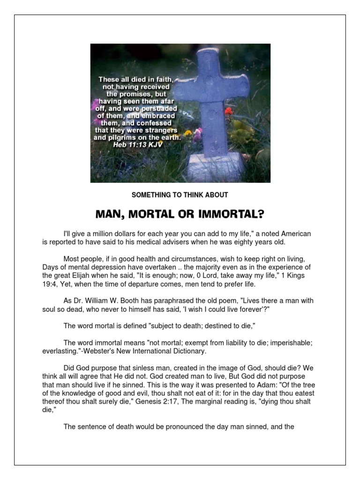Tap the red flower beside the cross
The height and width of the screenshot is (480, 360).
pos(228,112)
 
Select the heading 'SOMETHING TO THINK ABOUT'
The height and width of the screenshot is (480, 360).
pos(180,195)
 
